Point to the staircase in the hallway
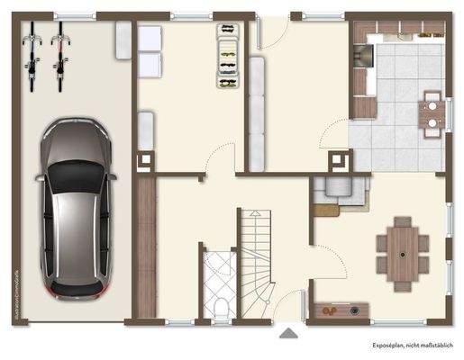point(256,248)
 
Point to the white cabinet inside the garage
point(123,40)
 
